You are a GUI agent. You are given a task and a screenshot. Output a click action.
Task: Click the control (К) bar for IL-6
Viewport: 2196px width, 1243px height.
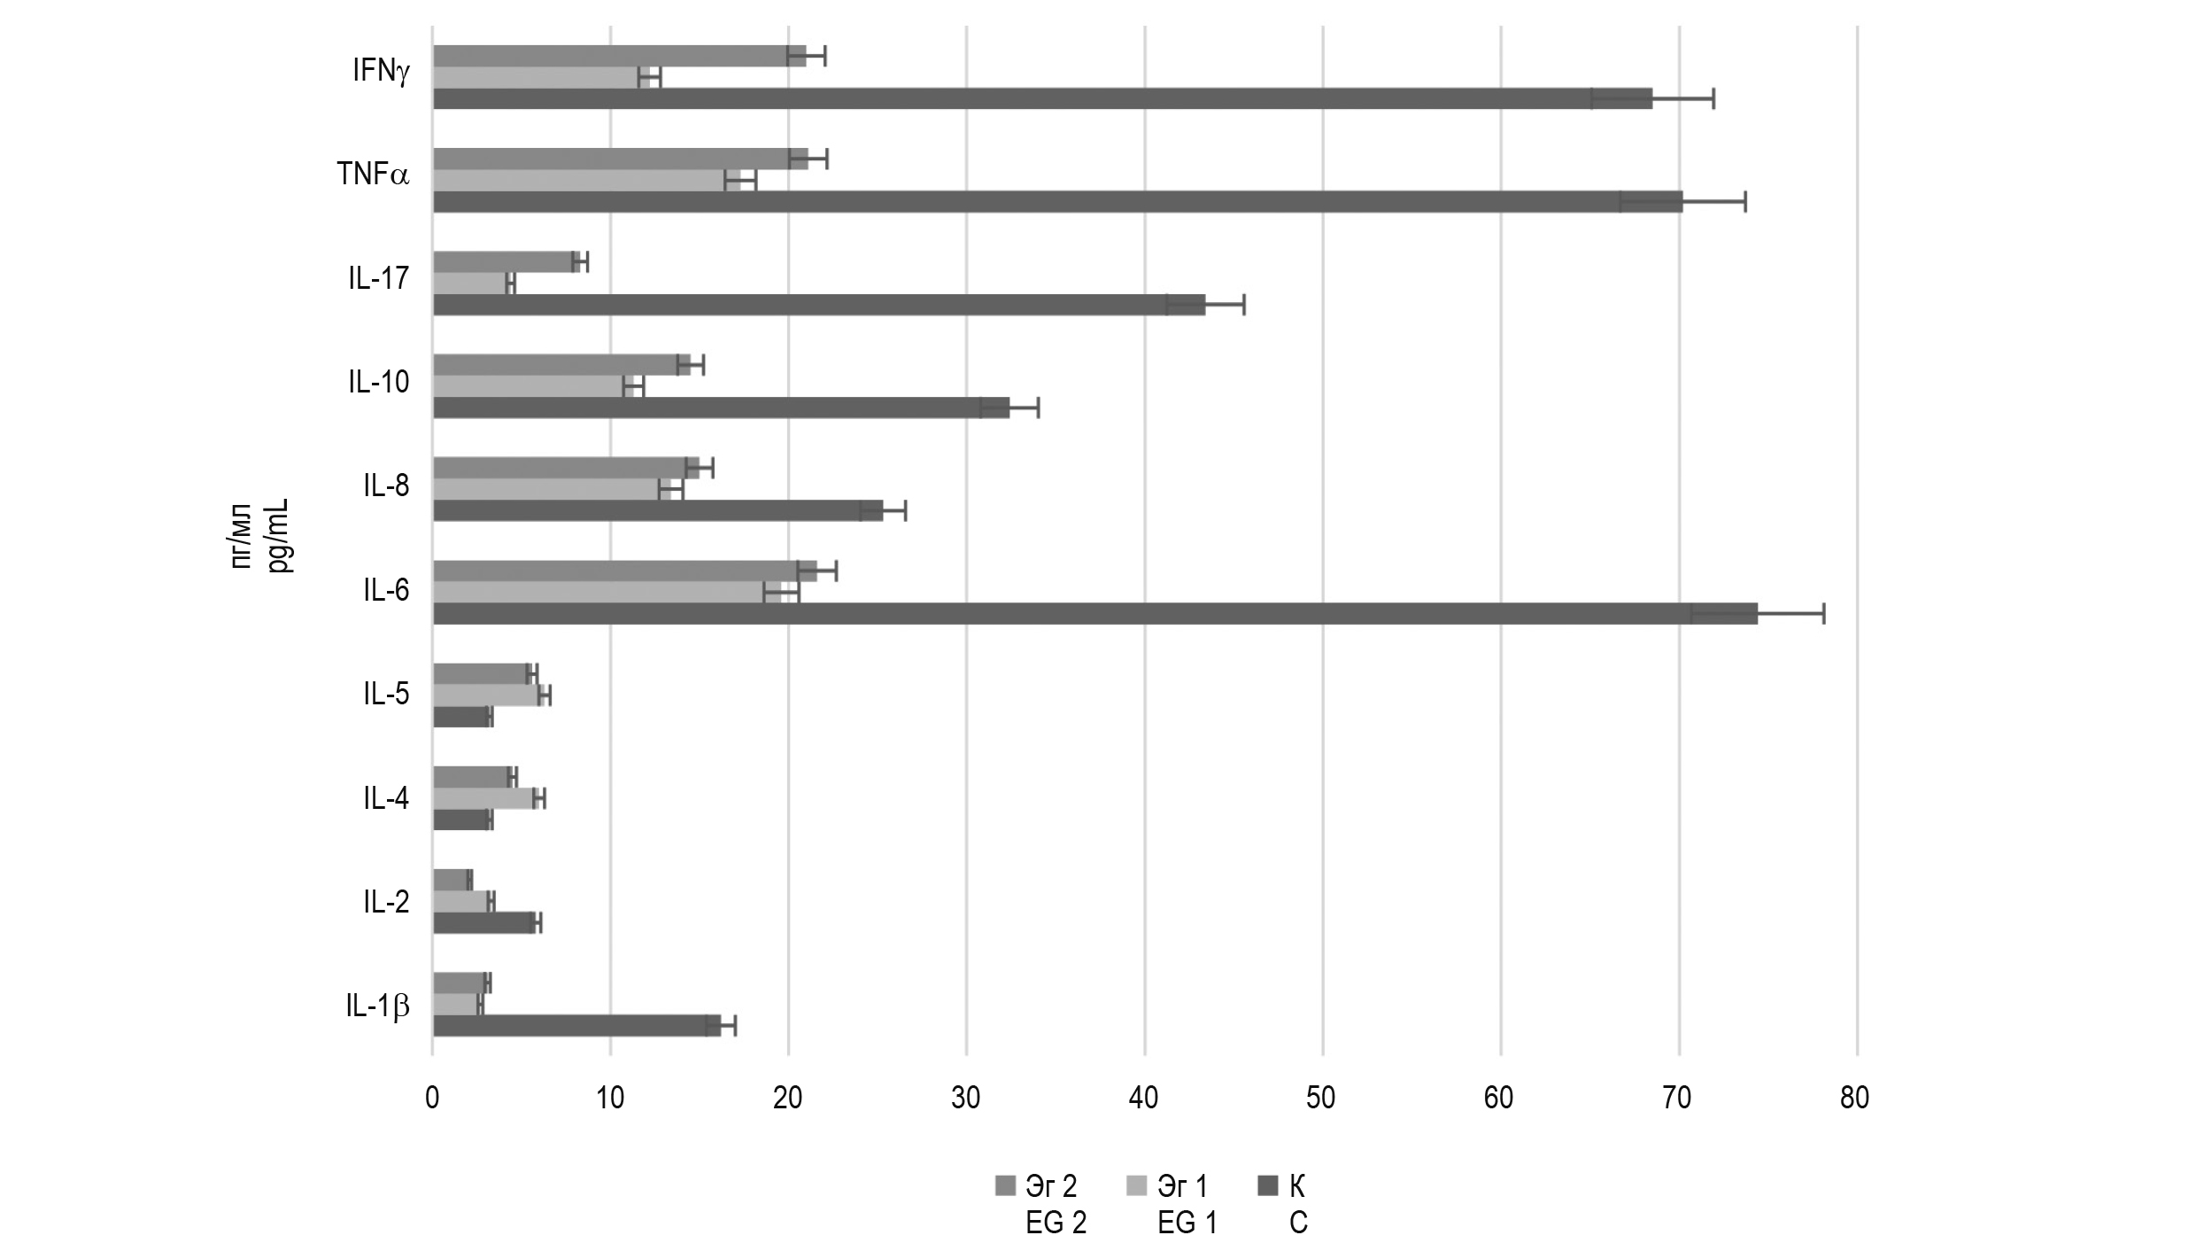tap(1094, 613)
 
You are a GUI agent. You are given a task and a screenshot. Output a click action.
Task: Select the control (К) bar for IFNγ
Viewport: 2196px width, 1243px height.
tap(1042, 98)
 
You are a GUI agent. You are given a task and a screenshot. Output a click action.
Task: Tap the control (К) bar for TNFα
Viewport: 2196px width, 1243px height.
tap(1057, 201)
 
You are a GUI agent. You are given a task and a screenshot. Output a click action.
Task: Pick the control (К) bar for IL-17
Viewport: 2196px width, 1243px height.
tap(819, 305)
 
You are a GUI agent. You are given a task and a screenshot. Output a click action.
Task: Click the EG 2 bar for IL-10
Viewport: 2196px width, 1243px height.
tap(561, 364)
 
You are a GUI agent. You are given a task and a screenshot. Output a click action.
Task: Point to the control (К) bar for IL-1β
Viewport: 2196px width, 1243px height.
tap(576, 1025)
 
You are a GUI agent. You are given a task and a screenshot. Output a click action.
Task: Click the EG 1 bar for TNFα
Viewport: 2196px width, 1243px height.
tap(586, 181)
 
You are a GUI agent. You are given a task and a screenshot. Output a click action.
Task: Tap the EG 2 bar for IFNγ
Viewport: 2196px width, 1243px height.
tap(619, 56)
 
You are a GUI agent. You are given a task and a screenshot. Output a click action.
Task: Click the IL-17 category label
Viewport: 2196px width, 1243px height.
tap(378, 279)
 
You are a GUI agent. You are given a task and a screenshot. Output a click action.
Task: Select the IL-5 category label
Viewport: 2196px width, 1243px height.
tap(386, 694)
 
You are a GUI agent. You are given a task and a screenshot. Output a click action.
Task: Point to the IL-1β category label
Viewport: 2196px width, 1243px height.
tap(378, 1006)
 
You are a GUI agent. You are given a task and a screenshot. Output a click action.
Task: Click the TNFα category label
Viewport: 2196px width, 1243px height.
tap(373, 175)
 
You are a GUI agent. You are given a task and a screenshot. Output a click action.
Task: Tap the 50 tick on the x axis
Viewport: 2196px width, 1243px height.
tap(1320, 1099)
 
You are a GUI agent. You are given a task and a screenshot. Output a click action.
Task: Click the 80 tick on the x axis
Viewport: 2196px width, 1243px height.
tap(1854, 1099)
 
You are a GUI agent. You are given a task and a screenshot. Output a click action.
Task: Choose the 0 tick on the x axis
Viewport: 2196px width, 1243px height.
tap(432, 1099)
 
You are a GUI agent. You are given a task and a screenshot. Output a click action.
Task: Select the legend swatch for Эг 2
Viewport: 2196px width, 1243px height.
tap(1005, 1185)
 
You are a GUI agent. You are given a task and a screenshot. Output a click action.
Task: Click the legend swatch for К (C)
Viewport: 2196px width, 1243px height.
tap(1268, 1185)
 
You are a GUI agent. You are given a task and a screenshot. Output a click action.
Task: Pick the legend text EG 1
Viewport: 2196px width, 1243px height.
tap(1187, 1224)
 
